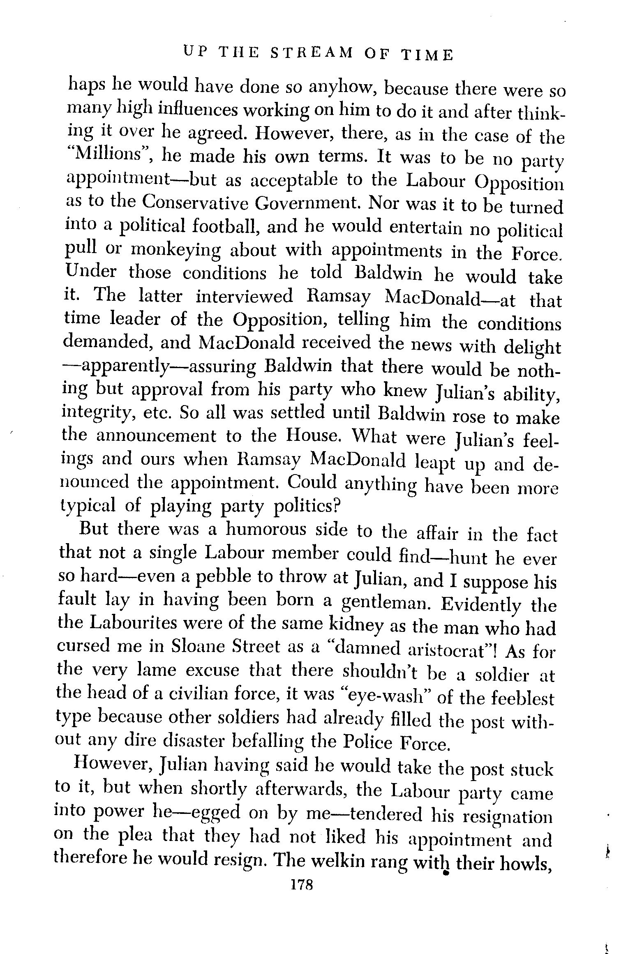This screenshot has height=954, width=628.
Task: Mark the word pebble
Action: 224,578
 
